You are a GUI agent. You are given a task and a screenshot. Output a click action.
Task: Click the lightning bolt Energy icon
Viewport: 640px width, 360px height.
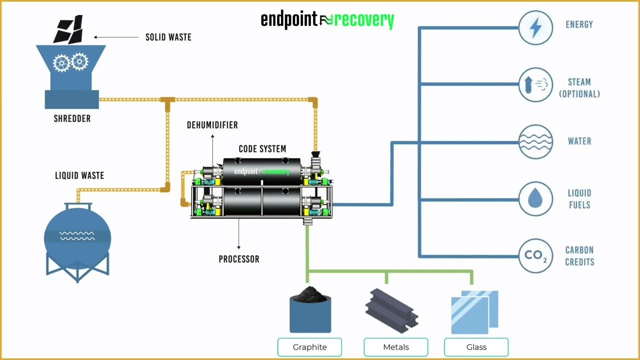(x=535, y=28)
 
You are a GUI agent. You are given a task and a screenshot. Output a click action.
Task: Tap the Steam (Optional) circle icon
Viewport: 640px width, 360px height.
(x=535, y=85)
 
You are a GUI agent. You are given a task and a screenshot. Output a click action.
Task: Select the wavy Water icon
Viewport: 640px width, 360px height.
(x=535, y=142)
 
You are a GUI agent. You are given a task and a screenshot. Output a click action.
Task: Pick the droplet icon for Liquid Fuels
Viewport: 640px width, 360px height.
(x=535, y=199)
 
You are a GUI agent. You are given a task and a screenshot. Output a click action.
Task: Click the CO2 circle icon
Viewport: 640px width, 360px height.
(x=535, y=256)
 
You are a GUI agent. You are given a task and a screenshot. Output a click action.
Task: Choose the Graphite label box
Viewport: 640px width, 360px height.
(x=309, y=347)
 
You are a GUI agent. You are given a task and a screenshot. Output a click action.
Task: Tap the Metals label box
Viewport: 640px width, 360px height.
(x=395, y=347)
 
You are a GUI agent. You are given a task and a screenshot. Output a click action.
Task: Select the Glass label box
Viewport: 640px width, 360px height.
(x=476, y=347)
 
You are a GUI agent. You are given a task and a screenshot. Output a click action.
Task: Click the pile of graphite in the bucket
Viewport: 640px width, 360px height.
(x=310, y=295)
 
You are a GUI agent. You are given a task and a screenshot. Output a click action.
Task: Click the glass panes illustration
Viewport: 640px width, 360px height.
(x=474, y=312)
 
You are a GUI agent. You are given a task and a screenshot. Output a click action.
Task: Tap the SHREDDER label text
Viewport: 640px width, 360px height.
(x=72, y=119)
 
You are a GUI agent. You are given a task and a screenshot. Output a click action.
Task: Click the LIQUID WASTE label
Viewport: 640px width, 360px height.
(x=79, y=175)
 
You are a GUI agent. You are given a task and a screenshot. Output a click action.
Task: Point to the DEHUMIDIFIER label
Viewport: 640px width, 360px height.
(x=212, y=125)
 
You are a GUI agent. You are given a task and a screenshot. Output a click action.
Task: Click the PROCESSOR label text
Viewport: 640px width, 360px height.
(x=239, y=259)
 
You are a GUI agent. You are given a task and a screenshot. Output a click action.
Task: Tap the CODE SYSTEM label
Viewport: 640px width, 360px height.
(x=262, y=149)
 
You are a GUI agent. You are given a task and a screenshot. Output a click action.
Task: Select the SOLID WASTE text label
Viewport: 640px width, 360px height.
(x=168, y=37)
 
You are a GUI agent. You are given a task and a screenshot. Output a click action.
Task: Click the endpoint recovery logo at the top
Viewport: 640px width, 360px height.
(x=327, y=20)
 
